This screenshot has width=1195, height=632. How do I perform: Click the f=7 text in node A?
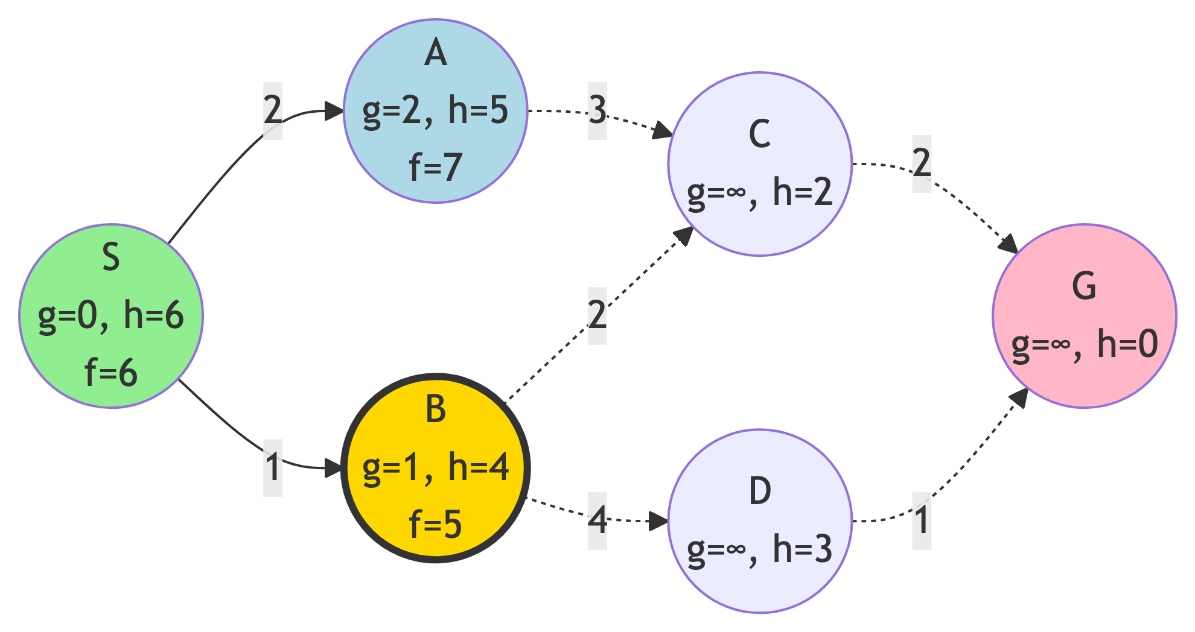[x=435, y=167]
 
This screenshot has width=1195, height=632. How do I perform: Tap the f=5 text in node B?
[x=435, y=524]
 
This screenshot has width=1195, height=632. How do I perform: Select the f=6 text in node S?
[x=111, y=373]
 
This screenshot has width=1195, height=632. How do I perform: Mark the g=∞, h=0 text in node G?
[x=1084, y=344]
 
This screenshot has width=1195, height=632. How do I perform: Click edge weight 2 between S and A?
[x=273, y=110]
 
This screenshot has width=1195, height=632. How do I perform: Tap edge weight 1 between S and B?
[x=273, y=467]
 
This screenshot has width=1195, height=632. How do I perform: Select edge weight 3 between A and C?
[x=597, y=110]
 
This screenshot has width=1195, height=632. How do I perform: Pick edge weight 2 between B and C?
[x=597, y=315]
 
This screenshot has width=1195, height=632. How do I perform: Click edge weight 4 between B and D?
[x=597, y=520]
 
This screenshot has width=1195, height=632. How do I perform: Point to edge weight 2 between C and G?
[x=922, y=163]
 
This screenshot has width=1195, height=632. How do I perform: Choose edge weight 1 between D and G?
[x=922, y=520]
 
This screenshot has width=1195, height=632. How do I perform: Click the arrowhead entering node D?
[x=658, y=521]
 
